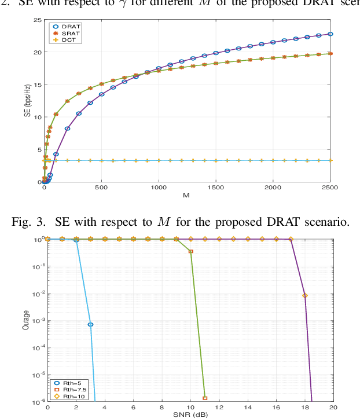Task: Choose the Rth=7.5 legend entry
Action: [x=69, y=390]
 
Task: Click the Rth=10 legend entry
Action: [x=68, y=397]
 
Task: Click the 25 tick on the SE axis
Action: [x=36, y=20]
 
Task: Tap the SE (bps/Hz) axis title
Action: [x=27, y=101]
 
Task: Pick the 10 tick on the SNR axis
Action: [x=190, y=408]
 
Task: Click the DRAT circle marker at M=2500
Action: [x=330, y=34]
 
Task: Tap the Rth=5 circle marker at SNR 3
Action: [x=90, y=325]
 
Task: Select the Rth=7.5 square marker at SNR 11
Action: [x=205, y=398]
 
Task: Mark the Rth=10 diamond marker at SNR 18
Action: [x=305, y=296]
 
